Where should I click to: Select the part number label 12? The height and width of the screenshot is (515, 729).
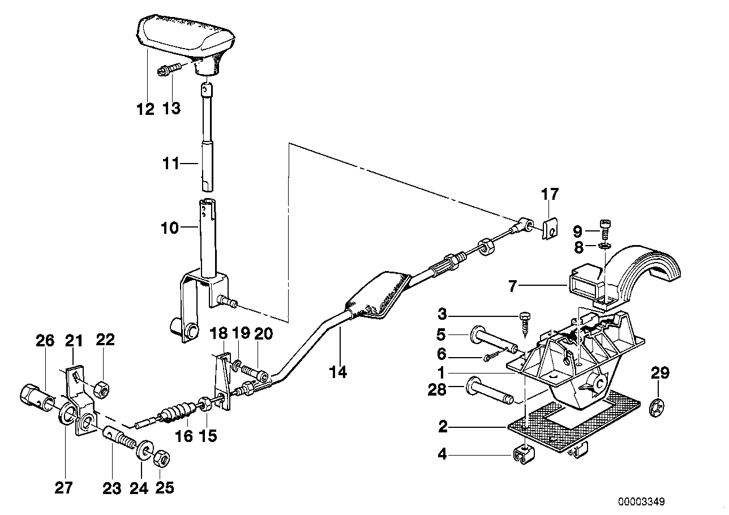145,109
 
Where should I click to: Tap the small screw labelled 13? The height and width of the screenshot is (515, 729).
168,70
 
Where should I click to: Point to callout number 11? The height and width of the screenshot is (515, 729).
170,164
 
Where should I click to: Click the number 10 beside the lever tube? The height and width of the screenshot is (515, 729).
170,228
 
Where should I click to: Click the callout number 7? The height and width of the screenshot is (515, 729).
513,286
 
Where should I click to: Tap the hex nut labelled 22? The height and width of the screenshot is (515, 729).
100,387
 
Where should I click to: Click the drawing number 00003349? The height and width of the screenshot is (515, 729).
641,501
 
